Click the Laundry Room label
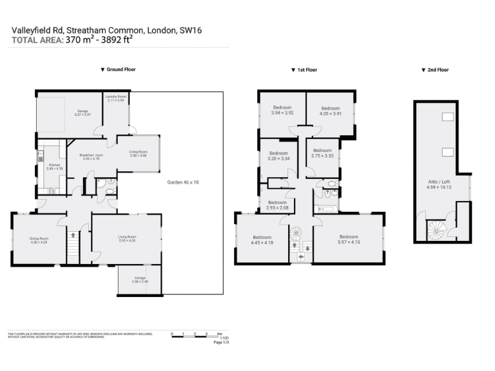coord(117,98)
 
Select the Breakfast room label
coord(91,157)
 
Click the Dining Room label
coord(39,240)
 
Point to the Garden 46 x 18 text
coord(183,182)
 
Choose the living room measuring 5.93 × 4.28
coord(127,239)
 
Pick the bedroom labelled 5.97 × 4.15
coord(348,239)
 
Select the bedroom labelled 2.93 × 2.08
coord(277,204)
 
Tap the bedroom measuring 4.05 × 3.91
coord(330,111)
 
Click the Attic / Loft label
coord(442,184)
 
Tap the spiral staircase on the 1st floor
coord(295,233)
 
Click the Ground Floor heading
coord(118,70)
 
